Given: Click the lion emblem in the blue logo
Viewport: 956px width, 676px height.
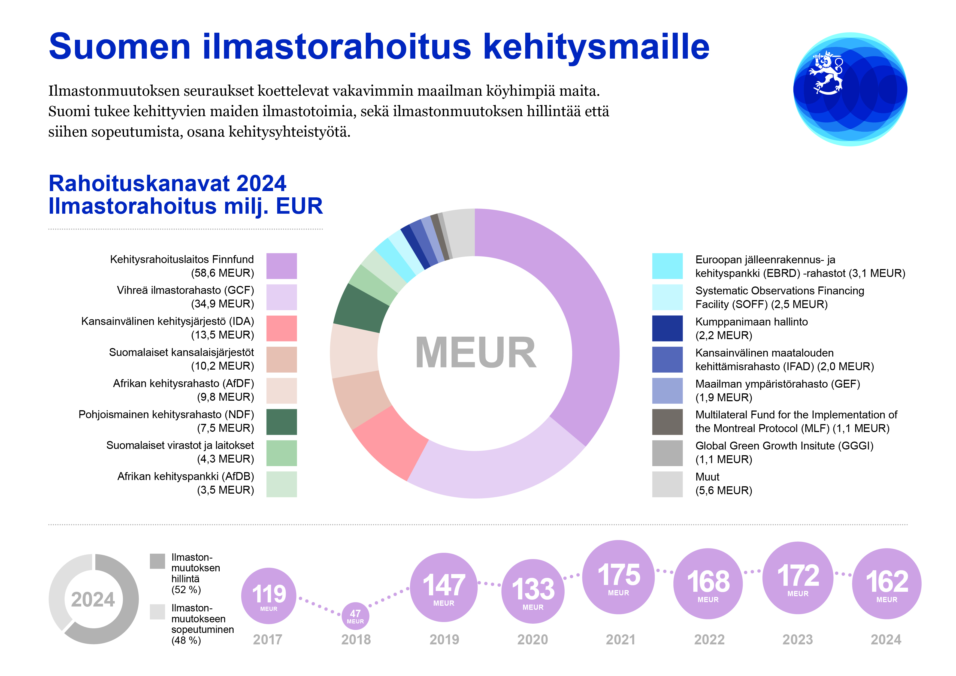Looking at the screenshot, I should tap(827, 73).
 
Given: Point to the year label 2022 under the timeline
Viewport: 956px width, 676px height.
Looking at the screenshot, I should tap(709, 640).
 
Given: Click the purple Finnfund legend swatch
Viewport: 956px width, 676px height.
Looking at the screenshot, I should tap(282, 266).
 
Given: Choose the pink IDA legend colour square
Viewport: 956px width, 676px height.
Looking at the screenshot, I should tap(282, 328).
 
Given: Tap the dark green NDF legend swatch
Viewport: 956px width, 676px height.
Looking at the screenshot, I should tap(282, 421).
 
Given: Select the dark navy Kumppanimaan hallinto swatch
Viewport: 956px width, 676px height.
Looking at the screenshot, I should tap(667, 328).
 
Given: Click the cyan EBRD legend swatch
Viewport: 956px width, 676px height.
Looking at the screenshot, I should tap(667, 266).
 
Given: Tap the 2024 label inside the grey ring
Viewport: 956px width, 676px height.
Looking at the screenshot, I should tap(93, 600).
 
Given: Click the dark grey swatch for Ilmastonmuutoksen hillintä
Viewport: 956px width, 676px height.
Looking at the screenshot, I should tap(158, 561).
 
